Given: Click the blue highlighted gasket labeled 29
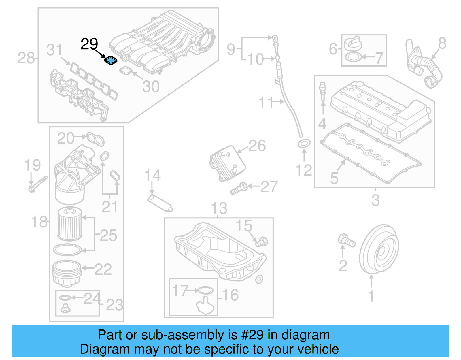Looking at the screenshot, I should [111, 61].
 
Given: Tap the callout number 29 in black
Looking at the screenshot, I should [89, 44].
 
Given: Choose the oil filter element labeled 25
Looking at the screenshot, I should [70, 224].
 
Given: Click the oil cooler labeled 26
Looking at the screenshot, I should [227, 163].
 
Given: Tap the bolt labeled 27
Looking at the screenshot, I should [239, 189].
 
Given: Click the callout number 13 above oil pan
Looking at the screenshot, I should [219, 208].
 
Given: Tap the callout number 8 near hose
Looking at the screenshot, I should [442, 44].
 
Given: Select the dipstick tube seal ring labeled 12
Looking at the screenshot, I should [304, 143].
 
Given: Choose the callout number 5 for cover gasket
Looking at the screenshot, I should [334, 178].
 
